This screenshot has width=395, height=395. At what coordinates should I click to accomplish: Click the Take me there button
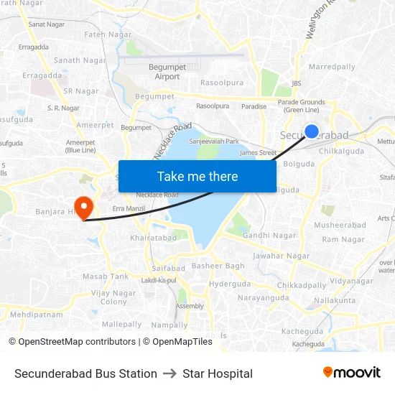[197, 176]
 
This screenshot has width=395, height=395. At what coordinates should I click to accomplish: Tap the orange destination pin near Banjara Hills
[84, 208]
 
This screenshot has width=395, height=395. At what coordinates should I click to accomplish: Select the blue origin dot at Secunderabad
[312, 131]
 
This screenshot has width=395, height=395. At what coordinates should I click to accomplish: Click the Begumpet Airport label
[167, 72]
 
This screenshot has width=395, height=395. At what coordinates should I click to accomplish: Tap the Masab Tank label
[106, 276]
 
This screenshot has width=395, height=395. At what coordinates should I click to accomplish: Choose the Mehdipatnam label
[37, 315]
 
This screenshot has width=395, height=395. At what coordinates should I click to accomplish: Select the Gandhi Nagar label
[269, 236]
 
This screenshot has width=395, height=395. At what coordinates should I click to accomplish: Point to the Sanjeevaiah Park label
[213, 141]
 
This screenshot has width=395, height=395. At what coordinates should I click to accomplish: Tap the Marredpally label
[332, 67]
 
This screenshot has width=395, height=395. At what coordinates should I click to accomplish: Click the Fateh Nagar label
[108, 34]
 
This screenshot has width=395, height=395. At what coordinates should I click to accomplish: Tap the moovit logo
[352, 373]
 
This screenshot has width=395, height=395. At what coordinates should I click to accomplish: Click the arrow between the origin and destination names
[170, 373]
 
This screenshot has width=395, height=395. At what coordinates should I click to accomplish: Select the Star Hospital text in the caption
[218, 373]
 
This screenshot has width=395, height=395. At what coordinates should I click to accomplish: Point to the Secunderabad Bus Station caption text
[85, 373]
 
